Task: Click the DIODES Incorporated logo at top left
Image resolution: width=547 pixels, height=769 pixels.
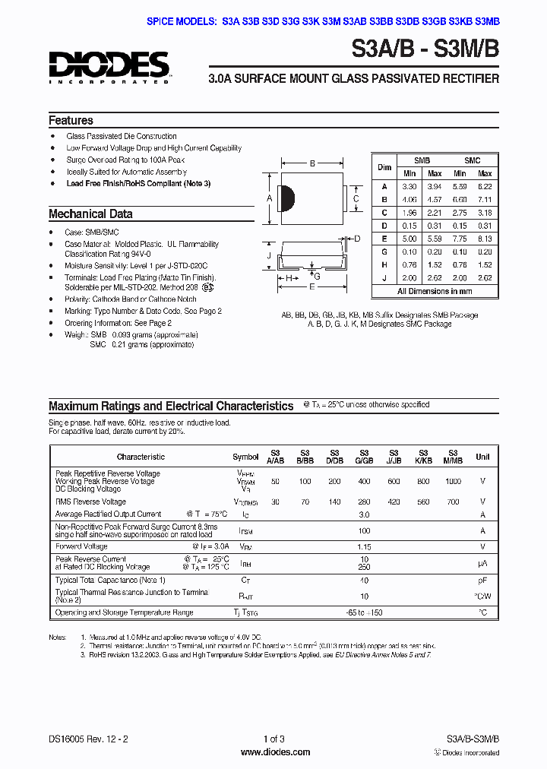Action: (x=109, y=67)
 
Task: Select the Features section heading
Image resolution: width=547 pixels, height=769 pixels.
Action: (x=71, y=120)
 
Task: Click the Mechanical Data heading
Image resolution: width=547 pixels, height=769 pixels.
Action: (x=90, y=214)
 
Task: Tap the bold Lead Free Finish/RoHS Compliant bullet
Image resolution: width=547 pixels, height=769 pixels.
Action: (x=138, y=184)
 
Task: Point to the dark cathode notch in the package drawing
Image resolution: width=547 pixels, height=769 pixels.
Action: (x=287, y=198)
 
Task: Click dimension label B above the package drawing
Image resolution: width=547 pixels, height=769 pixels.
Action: (x=312, y=163)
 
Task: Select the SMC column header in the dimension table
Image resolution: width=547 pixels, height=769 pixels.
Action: (x=472, y=161)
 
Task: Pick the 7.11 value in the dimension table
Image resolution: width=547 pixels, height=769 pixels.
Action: (x=485, y=199)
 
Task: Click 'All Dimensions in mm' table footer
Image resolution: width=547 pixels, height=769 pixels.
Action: (x=435, y=291)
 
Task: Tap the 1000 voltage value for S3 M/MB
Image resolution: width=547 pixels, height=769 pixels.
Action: (x=453, y=482)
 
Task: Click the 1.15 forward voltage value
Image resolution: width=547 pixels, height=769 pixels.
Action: (x=364, y=546)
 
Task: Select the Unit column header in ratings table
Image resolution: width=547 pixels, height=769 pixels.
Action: (x=482, y=457)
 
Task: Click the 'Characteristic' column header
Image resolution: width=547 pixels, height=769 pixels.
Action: (x=141, y=457)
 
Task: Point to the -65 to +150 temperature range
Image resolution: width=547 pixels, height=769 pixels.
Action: (x=364, y=612)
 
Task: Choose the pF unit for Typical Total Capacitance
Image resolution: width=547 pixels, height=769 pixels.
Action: (x=482, y=580)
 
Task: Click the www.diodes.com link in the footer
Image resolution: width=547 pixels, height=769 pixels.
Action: (x=274, y=752)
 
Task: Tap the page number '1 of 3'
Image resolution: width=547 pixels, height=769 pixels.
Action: (x=273, y=739)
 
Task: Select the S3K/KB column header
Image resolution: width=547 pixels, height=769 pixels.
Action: (x=423, y=457)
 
